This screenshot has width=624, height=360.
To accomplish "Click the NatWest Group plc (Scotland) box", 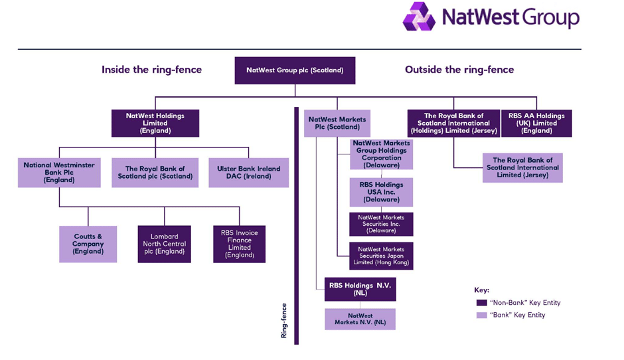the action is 295,70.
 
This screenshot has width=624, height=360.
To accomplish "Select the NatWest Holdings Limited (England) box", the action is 155,124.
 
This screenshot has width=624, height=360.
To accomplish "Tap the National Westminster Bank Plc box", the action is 59,173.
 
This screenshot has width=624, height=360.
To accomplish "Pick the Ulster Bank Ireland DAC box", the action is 249,173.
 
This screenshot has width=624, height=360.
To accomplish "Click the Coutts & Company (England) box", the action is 88,244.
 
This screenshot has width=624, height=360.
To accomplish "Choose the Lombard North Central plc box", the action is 165,244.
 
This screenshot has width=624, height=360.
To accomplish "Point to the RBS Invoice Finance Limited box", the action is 239,244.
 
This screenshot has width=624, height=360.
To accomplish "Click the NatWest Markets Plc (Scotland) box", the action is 337,124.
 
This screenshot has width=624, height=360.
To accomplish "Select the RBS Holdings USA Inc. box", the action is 381,193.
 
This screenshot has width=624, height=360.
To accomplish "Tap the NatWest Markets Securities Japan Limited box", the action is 381,256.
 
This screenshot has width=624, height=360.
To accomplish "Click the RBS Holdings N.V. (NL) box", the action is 360,289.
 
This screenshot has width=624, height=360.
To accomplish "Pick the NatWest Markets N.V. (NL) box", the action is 360,319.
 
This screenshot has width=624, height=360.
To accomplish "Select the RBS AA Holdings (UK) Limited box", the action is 536,124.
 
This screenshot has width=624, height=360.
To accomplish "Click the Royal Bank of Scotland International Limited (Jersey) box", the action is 522,167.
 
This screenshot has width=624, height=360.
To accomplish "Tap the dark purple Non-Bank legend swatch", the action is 481,303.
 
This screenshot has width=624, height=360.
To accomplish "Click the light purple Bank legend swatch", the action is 481,315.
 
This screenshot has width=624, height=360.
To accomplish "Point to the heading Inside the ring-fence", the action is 151,70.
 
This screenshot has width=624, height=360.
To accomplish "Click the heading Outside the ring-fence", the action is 459,70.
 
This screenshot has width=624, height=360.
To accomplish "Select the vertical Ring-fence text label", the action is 283,321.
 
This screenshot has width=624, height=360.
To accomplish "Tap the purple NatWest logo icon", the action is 419,17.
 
